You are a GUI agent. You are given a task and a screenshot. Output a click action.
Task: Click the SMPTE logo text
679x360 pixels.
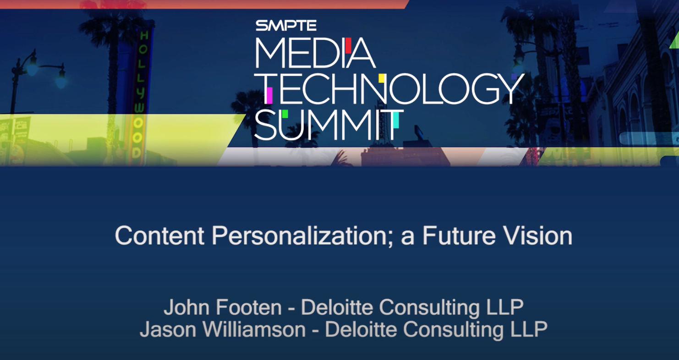click(x=286, y=25)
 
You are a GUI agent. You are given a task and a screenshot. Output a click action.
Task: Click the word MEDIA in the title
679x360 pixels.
click(x=315, y=53)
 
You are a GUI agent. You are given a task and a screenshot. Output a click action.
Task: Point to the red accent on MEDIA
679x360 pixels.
click(x=348, y=45)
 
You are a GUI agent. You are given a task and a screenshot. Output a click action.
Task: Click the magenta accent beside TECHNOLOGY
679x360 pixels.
click(x=269, y=95)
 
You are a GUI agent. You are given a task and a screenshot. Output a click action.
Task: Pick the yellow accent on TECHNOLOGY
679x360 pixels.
click(x=381, y=78)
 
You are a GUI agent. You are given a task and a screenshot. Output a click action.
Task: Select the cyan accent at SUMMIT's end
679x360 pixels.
click(x=395, y=120)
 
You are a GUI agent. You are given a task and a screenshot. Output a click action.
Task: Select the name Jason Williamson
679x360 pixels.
click(x=223, y=330)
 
